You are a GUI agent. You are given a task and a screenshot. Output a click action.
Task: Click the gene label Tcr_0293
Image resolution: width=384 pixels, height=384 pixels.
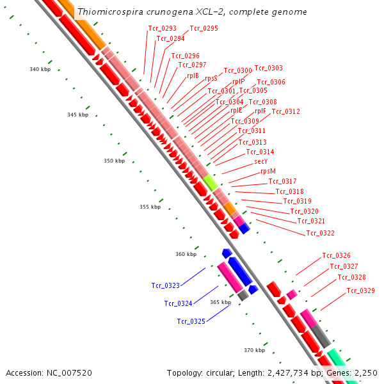[162, 28]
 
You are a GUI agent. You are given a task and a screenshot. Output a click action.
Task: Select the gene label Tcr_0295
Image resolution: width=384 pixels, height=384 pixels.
[204, 28]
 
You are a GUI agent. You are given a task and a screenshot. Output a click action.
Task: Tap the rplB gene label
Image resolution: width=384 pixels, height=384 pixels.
[193, 76]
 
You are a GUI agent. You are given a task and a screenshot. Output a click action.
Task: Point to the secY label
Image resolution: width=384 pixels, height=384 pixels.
[260, 161]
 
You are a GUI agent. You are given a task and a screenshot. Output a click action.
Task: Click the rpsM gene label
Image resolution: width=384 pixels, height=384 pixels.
[268, 171]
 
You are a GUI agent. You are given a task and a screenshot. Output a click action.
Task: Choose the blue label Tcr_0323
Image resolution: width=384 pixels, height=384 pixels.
[165, 285]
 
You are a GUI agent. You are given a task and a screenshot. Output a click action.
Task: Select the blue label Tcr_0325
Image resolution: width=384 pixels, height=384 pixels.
[191, 321]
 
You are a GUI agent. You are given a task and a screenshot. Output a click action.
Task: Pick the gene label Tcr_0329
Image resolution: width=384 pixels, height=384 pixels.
[360, 291]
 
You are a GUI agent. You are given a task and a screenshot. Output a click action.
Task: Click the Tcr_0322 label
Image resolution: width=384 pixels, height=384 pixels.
[320, 233]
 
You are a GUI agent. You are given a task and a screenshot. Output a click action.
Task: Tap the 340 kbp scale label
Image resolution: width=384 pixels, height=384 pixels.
[40, 69]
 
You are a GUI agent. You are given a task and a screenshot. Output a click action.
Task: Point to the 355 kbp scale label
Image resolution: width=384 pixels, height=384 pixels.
[150, 207]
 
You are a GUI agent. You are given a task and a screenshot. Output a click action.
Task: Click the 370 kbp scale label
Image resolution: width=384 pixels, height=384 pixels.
[254, 350]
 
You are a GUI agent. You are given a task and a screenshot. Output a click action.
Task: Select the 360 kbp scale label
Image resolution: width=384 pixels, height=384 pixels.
[186, 254]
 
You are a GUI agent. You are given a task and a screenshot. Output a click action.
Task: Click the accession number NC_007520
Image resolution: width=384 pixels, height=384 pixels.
[69, 372]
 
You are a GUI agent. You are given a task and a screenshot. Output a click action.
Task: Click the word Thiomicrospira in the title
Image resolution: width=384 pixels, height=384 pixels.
[105, 12]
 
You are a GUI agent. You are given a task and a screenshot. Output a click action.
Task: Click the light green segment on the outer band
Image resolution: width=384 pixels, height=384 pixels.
[211, 182]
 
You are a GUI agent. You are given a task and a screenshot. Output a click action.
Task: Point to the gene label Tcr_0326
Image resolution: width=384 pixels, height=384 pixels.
[336, 255]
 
